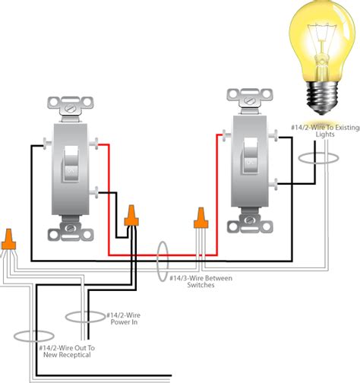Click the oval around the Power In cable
click(x=83, y=316)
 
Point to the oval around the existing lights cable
click(x=318, y=158)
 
